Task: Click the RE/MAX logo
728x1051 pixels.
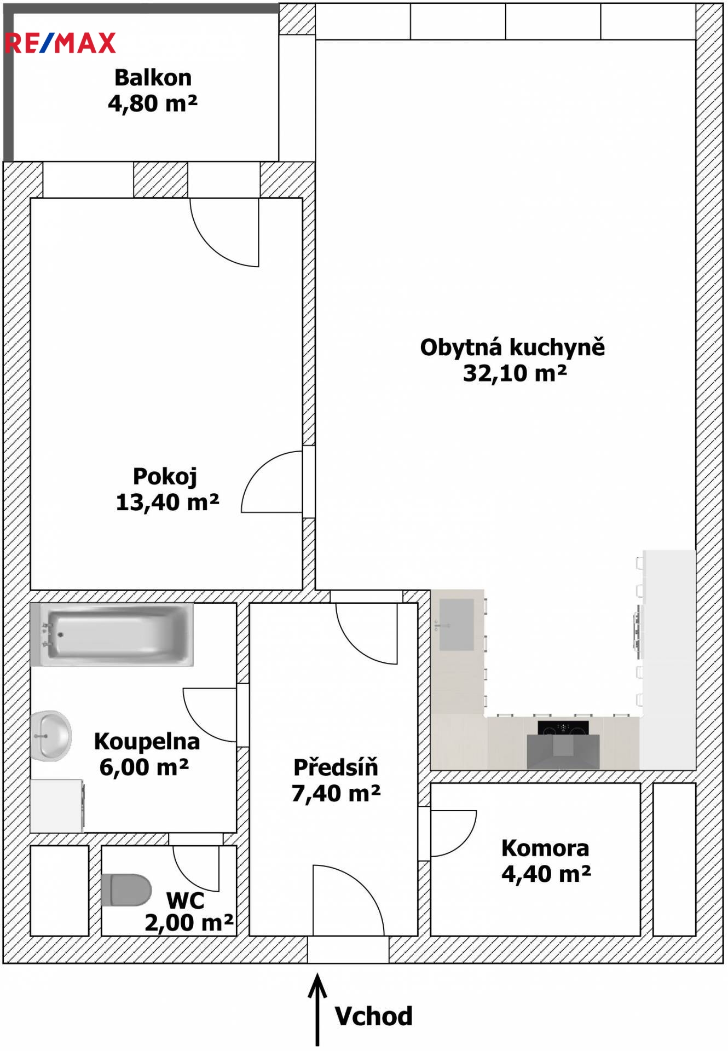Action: (x=60, y=43)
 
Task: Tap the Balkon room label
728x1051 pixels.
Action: (x=153, y=78)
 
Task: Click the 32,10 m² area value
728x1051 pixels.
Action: (x=515, y=373)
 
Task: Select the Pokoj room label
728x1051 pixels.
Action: (x=165, y=477)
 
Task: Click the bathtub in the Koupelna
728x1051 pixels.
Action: (x=112, y=635)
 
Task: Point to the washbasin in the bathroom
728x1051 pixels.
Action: (x=51, y=736)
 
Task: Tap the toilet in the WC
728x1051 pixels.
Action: (x=126, y=890)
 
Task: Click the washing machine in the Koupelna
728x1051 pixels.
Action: (x=57, y=806)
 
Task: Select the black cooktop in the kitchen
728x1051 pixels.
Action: (x=563, y=728)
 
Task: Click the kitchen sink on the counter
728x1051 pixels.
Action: (x=457, y=625)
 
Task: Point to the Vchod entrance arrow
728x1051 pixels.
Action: (x=317, y=1009)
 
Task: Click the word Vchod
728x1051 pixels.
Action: (x=373, y=1017)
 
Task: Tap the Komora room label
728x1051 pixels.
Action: (x=545, y=848)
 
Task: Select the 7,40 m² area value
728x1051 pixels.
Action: (x=336, y=793)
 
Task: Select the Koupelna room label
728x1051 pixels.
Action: (x=147, y=742)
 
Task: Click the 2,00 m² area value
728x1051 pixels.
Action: (x=189, y=923)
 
